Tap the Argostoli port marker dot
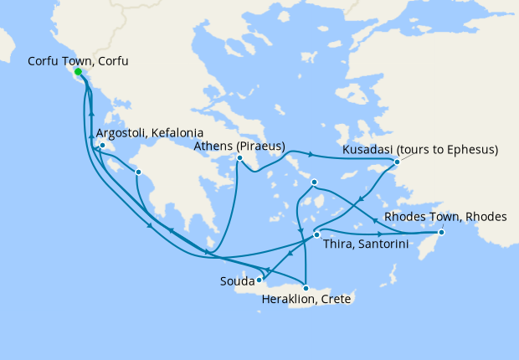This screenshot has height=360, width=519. (x=102, y=146)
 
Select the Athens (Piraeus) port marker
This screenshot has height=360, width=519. (x=239, y=158)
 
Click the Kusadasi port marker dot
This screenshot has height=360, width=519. (x=397, y=162)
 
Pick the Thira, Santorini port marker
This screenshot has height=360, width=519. (x=316, y=235)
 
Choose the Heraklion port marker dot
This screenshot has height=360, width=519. (x=306, y=288)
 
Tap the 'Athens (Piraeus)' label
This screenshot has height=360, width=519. (x=239, y=147)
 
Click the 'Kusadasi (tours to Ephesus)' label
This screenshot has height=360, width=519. (x=420, y=151)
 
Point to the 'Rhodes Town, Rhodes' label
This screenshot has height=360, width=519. (x=445, y=217)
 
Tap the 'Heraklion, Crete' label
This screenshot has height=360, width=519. (x=306, y=299)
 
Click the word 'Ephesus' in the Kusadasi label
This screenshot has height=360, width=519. (x=472, y=151)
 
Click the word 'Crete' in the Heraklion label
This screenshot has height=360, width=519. (x=335, y=299)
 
